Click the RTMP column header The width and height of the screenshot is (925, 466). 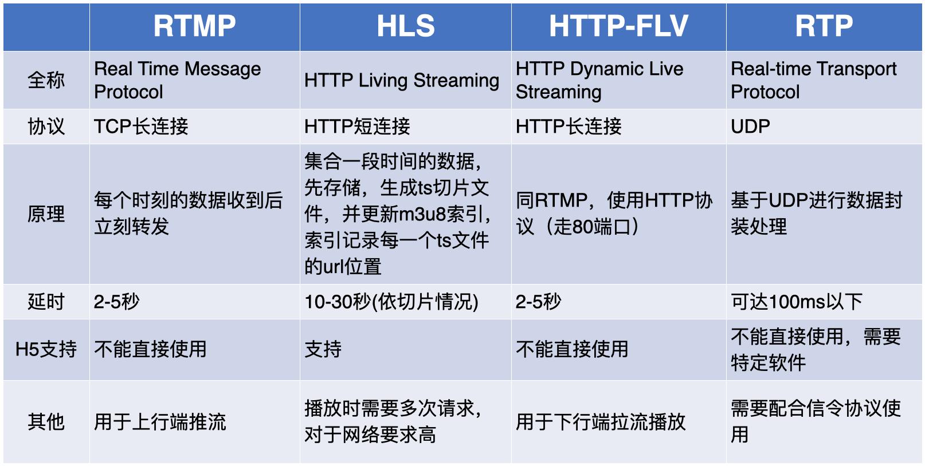[194, 26]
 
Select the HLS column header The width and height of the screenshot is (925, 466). [405, 26]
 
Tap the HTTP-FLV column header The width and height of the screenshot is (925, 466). [618, 26]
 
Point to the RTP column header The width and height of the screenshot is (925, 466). [824, 26]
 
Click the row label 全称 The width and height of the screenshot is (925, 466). [46, 80]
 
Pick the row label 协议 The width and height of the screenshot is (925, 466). [46, 127]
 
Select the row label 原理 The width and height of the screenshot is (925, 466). [46, 214]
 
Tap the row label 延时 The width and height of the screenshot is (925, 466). [46, 302]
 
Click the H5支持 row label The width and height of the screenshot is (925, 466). [46, 349]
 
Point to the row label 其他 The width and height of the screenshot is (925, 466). [46, 422]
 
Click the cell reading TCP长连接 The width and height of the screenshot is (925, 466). [141, 127]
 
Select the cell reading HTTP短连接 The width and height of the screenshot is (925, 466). [357, 127]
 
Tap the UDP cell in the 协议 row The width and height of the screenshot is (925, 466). [750, 127]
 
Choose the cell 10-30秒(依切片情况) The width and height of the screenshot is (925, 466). [391, 302]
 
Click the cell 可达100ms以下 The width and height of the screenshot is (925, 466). [796, 302]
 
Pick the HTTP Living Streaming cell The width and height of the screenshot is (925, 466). [401, 81]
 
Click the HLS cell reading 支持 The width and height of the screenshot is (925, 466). [323, 349]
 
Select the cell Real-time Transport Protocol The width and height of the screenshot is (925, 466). [813, 80]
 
